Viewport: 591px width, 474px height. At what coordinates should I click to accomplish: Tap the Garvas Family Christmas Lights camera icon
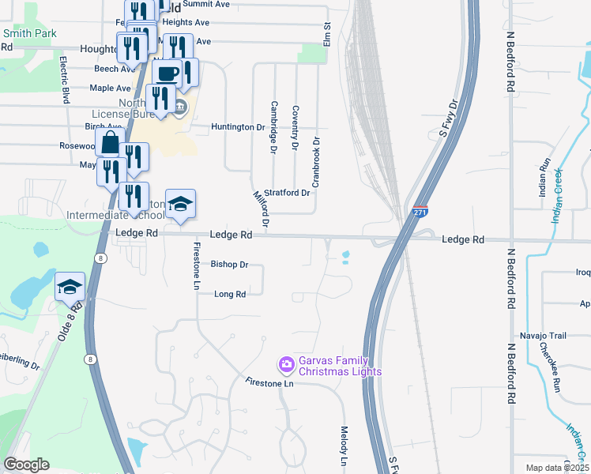pyautogui.click(x=285, y=364)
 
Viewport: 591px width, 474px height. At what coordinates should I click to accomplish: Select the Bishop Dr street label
pyautogui.click(x=231, y=265)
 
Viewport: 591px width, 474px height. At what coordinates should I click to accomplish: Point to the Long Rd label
pyautogui.click(x=231, y=294)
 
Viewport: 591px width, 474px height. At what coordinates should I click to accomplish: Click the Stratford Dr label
pyautogui.click(x=286, y=192)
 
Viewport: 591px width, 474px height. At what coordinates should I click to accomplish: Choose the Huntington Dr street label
pyautogui.click(x=238, y=126)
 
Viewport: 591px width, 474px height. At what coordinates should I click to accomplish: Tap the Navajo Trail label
pyautogui.click(x=542, y=336)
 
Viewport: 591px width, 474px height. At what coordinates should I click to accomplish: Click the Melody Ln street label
pyautogui.click(x=344, y=446)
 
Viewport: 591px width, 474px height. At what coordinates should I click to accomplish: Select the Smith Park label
pyautogui.click(x=29, y=34)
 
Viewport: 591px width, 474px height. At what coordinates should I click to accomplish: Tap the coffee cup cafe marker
pyautogui.click(x=168, y=74)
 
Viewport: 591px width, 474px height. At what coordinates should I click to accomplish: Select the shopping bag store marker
pyautogui.click(x=110, y=143)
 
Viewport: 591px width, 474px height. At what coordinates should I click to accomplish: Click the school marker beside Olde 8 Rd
pyautogui.click(x=70, y=285)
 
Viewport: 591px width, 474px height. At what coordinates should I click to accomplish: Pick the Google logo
pyautogui.click(x=25, y=465)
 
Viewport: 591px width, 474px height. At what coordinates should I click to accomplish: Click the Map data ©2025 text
pyautogui.click(x=557, y=468)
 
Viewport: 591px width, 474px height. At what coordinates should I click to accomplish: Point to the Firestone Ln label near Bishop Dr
pyautogui.click(x=196, y=265)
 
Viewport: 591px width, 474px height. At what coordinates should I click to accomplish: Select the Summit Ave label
pyautogui.click(x=210, y=4)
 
